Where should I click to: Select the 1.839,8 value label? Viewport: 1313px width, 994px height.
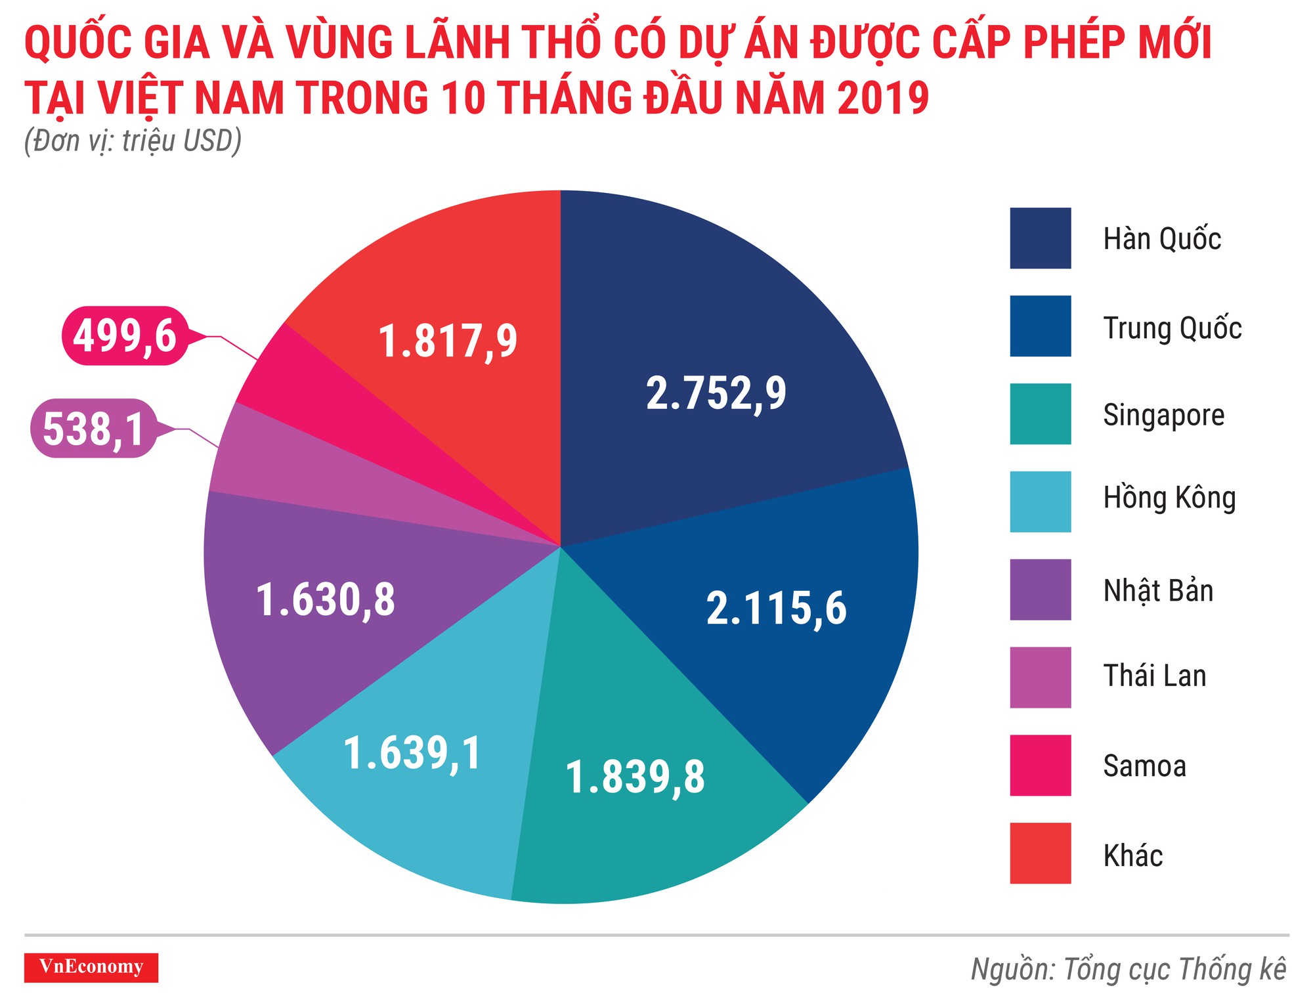[635, 777]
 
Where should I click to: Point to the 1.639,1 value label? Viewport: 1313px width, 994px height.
[412, 753]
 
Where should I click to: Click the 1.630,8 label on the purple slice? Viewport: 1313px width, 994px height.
[326, 600]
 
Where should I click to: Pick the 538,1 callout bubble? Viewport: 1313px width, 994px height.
[94, 429]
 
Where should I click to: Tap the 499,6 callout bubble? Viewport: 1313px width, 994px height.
[125, 336]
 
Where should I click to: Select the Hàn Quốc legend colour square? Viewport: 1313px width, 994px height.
[1040, 238]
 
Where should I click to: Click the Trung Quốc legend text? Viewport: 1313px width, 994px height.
[1172, 328]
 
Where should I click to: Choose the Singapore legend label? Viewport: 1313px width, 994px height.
[1163, 415]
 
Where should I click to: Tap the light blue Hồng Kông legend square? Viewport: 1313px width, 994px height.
[1040, 502]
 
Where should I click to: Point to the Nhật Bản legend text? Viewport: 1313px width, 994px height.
[1158, 590]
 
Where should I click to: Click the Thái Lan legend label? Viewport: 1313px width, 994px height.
[1154, 676]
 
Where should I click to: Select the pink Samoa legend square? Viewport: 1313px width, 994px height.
[1040, 766]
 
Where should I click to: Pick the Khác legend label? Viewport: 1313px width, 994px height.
[1132, 855]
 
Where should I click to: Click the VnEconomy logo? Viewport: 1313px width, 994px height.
[91, 967]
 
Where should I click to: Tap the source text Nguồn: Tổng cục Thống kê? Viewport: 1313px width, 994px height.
[1128, 970]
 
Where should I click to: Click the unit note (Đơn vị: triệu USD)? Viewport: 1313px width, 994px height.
[133, 141]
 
